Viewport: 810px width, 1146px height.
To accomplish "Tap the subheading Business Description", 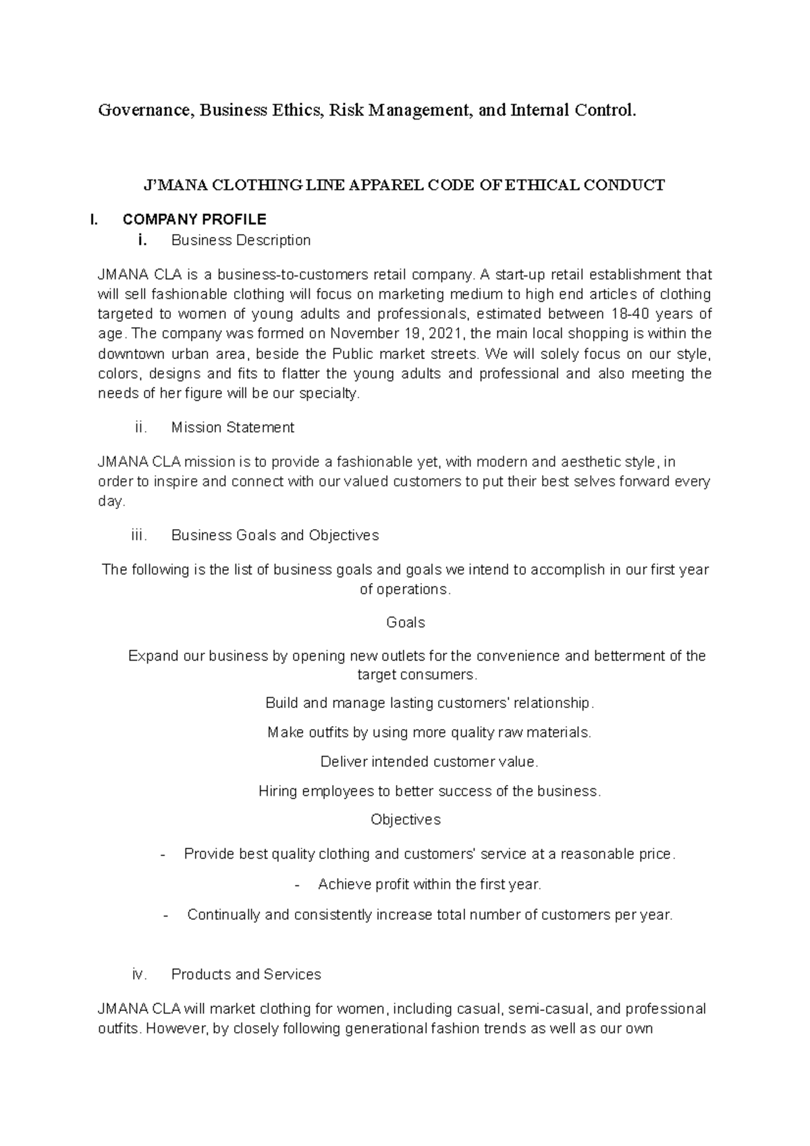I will [x=240, y=240].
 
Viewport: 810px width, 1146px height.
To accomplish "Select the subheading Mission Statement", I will [x=232, y=427].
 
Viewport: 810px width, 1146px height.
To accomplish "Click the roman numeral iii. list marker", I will [x=138, y=535].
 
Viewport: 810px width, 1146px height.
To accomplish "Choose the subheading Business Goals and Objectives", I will [x=275, y=535].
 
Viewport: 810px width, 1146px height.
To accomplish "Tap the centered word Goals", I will [x=405, y=622].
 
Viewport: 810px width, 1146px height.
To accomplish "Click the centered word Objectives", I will [x=405, y=819].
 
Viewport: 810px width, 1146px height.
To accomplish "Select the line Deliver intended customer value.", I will [x=429, y=762].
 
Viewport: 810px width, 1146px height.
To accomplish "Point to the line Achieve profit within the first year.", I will [x=429, y=884].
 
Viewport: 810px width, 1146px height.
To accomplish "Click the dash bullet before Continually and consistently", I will [x=166, y=915].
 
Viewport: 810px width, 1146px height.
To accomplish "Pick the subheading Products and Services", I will [x=246, y=975].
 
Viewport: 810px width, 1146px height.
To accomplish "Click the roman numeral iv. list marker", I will [x=138, y=975].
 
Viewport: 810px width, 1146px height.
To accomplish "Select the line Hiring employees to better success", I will [x=429, y=791].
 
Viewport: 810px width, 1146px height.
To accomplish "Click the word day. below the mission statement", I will [x=111, y=501].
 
